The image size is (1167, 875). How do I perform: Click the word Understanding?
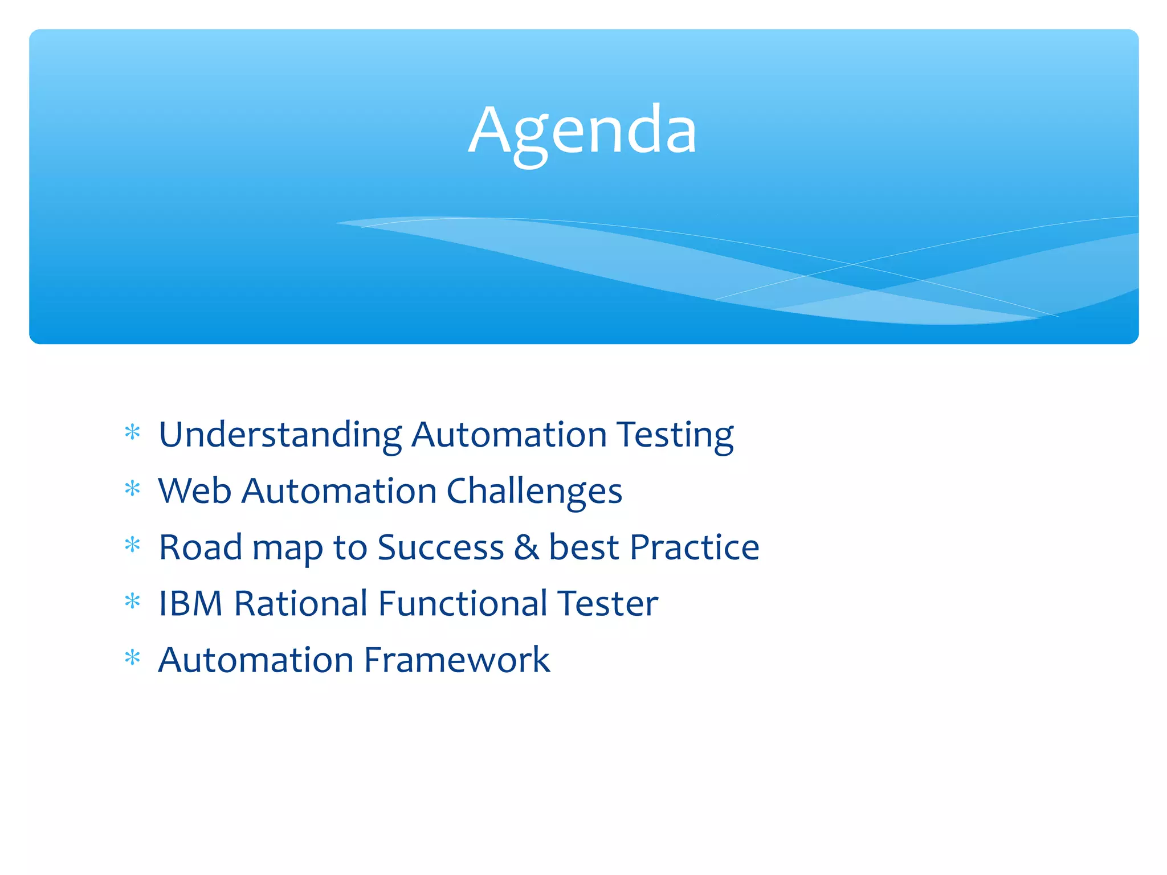280,435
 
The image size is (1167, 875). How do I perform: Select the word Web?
194,490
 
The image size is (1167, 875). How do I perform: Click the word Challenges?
534,492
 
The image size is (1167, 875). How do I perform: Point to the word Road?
200,547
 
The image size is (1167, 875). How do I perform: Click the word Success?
440,547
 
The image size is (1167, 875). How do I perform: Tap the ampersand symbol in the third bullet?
526,547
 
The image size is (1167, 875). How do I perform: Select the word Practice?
695,547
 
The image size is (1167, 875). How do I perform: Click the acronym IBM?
190,603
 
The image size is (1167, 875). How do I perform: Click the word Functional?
462,603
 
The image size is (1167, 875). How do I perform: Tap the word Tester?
607,603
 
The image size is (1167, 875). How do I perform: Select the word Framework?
456,660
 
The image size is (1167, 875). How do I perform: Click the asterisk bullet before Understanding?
132,432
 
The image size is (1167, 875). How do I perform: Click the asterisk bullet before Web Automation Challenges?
132,489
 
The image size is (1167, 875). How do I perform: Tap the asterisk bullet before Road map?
132,545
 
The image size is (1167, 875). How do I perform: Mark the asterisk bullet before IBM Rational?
132,601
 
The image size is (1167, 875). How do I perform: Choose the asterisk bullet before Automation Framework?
132,658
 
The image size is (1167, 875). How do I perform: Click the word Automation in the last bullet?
256,660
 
